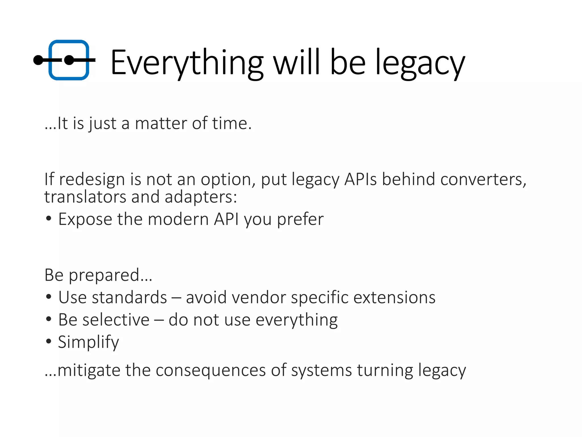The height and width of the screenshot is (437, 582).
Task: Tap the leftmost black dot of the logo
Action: click(x=38, y=60)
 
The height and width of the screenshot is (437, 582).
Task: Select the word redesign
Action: click(x=92, y=180)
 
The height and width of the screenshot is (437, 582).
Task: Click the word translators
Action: click(x=85, y=197)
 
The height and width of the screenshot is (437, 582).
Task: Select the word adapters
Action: click(x=200, y=197)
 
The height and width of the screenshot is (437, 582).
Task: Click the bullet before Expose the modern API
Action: click(x=49, y=218)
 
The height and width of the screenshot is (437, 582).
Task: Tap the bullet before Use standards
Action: click(x=49, y=296)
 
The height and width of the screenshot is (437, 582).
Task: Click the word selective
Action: click(x=104, y=320)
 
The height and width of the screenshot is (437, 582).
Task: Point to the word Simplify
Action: click(x=88, y=342)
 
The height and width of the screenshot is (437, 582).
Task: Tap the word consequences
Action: click(x=210, y=370)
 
